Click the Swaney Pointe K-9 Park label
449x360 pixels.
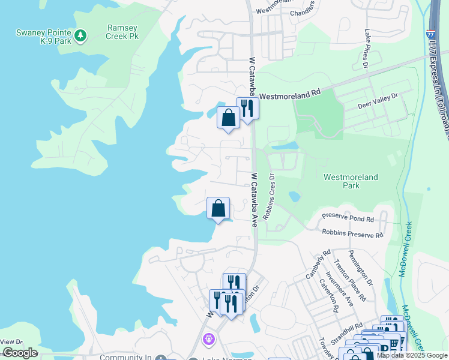coord(44,36)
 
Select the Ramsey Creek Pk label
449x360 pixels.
coord(127,32)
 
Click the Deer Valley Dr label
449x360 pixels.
coord(378,100)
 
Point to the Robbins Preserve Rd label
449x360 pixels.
coord(352,234)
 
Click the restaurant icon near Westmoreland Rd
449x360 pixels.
coord(247,108)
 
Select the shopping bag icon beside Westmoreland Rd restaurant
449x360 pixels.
coord(228,117)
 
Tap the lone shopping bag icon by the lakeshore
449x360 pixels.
coord(218,208)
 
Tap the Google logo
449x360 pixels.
coord(20,353)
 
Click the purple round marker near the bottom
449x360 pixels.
coord(209,340)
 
